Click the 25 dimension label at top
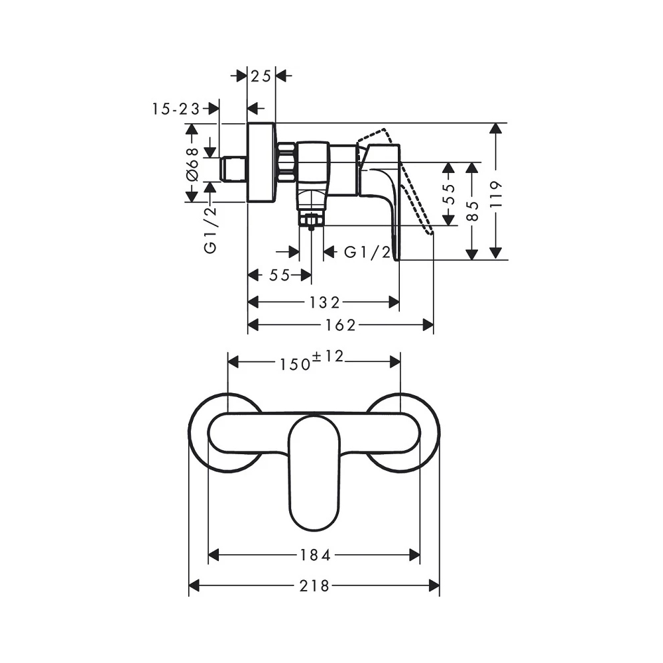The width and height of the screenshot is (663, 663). pos(261,76)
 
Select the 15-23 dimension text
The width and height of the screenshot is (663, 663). pos(176,109)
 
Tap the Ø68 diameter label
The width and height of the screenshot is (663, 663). pos(192,163)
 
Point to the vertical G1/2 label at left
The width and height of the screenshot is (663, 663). pos(210,230)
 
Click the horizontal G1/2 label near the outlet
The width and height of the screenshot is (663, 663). pos(367,253)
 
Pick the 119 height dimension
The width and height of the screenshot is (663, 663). pos(495,194)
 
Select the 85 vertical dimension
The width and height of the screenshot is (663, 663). pos(472,210)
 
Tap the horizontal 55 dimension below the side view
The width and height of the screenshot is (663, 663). pos(280,276)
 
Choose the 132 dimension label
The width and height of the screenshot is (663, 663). pos(324,302)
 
